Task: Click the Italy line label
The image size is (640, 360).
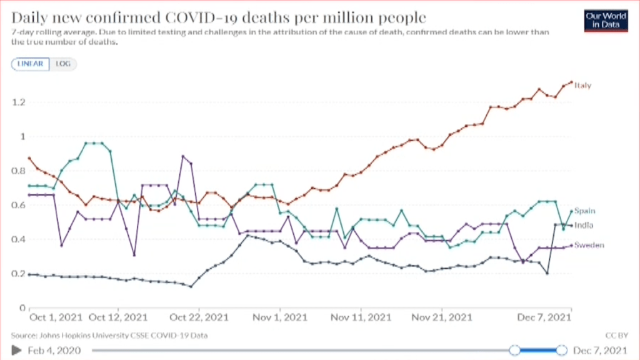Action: point(583,85)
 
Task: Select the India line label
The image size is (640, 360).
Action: point(584,225)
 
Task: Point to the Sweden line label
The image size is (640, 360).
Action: point(589,245)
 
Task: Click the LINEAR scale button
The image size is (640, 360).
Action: point(30,64)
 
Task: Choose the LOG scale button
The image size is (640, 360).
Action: point(62,64)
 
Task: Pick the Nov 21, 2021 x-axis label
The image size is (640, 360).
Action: point(442,317)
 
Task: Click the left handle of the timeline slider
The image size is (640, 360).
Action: point(514,350)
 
